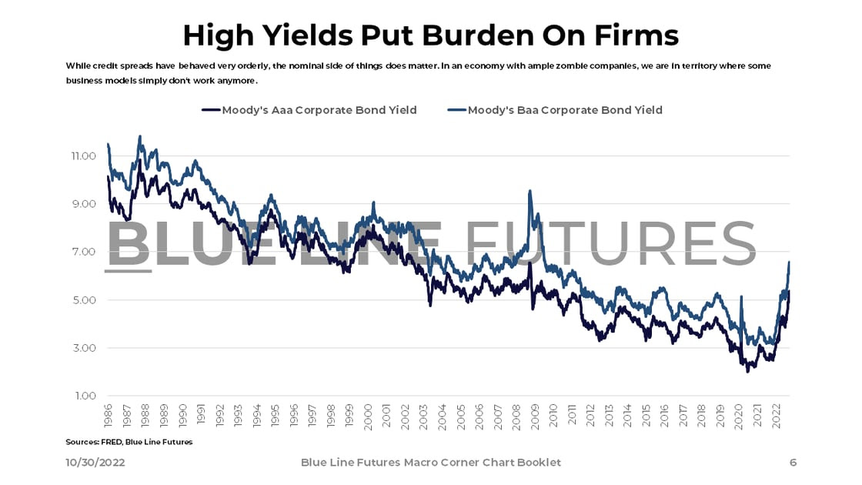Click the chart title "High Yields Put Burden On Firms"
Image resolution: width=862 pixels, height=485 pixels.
[430, 35]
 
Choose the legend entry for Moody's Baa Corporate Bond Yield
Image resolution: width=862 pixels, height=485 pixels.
[564, 110]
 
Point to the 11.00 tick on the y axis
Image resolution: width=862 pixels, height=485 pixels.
[82, 156]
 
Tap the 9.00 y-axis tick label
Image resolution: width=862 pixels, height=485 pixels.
[82, 204]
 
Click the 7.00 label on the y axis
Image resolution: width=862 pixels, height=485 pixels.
[82, 252]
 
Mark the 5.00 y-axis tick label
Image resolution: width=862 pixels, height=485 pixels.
[82, 300]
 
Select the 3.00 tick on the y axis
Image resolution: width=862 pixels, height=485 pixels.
[82, 348]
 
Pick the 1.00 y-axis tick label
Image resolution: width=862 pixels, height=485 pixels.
[82, 396]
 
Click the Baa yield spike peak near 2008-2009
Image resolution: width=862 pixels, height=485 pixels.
[530, 192]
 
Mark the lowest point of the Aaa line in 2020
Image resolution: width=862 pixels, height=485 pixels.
[747, 372]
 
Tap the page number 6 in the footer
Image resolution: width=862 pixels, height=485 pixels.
[793, 463]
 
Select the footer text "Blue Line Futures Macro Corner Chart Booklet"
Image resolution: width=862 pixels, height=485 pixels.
[430, 463]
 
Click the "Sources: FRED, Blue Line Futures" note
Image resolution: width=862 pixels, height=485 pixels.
[129, 442]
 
